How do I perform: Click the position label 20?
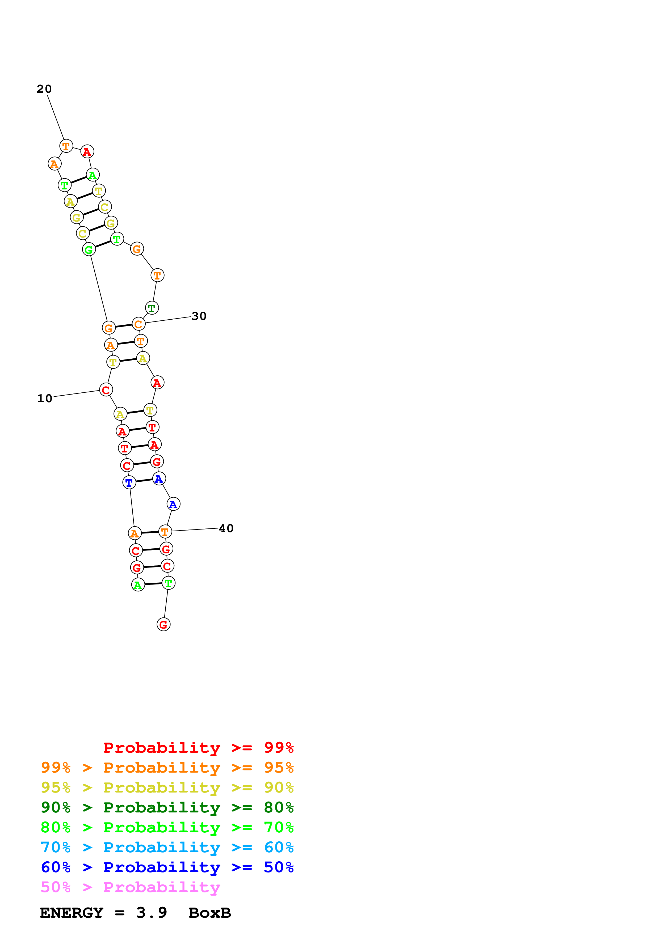tap(44, 89)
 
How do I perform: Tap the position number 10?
tap(45, 399)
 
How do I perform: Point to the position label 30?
tap(199, 316)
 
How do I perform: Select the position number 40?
tap(226, 528)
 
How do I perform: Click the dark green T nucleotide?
tap(152, 308)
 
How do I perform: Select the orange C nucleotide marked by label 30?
tap(138, 324)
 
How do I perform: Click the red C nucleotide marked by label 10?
tap(106, 390)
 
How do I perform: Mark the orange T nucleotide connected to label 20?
tap(66, 146)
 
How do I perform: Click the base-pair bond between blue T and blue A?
tap(144, 481)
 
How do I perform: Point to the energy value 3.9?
tap(152, 913)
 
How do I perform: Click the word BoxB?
tap(209, 913)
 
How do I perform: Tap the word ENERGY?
tap(72, 913)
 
